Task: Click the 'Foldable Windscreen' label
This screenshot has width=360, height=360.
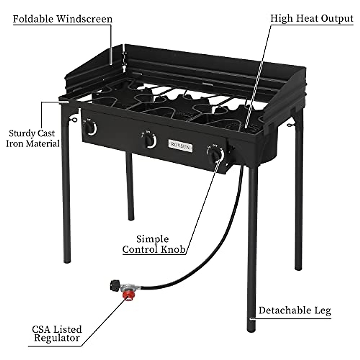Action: pyautogui.click(x=62, y=19)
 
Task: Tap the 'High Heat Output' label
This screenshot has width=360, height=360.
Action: pyautogui.click(x=311, y=18)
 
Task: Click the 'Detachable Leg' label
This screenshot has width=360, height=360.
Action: pyautogui.click(x=295, y=310)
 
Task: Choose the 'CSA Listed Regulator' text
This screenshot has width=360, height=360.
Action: pyautogui.click(x=57, y=333)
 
